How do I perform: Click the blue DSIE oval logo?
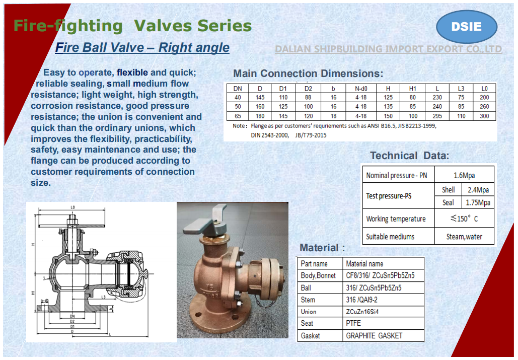tap(466, 27)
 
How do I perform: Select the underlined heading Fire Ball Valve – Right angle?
tap(142, 48)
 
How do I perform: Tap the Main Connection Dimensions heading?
tap(308, 73)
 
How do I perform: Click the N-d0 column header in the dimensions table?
tap(360, 89)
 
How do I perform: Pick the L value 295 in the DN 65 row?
tap(437, 116)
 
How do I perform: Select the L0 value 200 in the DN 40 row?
tap(484, 98)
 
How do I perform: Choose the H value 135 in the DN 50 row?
tap(388, 107)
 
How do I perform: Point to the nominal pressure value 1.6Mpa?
tap(464, 176)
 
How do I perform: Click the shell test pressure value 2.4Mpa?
tap(478, 190)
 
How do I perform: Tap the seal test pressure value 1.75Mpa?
tap(478, 202)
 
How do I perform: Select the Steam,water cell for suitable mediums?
tap(464, 237)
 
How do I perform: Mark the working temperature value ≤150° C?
tap(464, 219)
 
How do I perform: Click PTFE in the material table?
tap(353, 324)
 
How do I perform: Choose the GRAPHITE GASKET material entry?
tap(374, 336)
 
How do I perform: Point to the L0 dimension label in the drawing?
tap(72, 207)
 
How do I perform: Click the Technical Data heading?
tap(410, 156)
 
